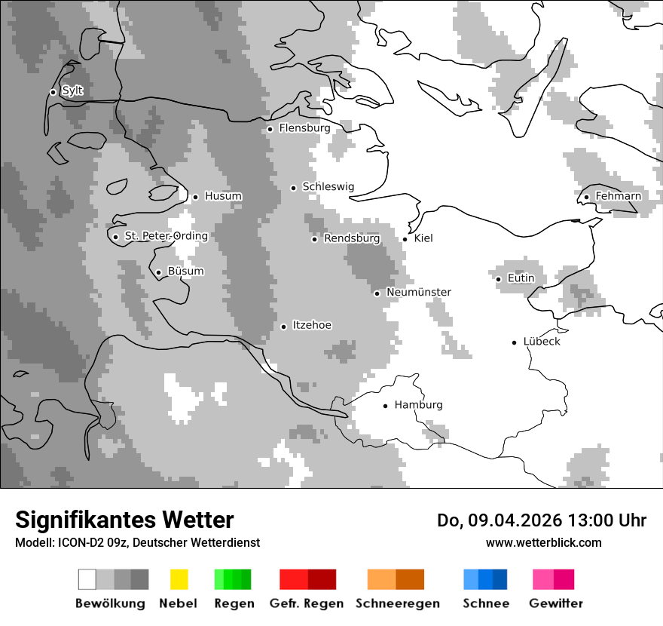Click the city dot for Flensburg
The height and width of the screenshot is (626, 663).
tap(270, 129)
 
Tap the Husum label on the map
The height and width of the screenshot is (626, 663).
tap(223, 196)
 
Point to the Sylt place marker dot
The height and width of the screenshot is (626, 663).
tap(53, 92)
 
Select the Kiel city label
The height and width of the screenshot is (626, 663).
tap(423, 238)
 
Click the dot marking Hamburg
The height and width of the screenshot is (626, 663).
tap(385, 406)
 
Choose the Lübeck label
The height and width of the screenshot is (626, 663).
tap(542, 342)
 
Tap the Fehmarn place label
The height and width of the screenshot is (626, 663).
tap(618, 196)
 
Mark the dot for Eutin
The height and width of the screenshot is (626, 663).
tap(498, 279)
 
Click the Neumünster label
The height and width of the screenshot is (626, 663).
tap(418, 292)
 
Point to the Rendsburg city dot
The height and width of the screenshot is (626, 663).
tap(315, 239)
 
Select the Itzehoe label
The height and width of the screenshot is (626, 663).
tap(312, 325)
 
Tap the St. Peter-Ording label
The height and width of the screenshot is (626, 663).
tap(166, 236)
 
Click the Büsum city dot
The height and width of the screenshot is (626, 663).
tap(158, 272)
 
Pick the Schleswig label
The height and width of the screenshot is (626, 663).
tap(328, 187)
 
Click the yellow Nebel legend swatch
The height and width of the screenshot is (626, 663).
tap(179, 579)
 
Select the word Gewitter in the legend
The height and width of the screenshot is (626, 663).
tap(555, 603)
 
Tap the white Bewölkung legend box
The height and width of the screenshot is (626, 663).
tap(87, 579)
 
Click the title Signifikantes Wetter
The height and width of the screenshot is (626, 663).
tap(124, 520)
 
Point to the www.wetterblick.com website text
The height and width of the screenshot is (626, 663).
tap(543, 543)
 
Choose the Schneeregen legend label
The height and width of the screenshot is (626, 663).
tap(397, 603)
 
